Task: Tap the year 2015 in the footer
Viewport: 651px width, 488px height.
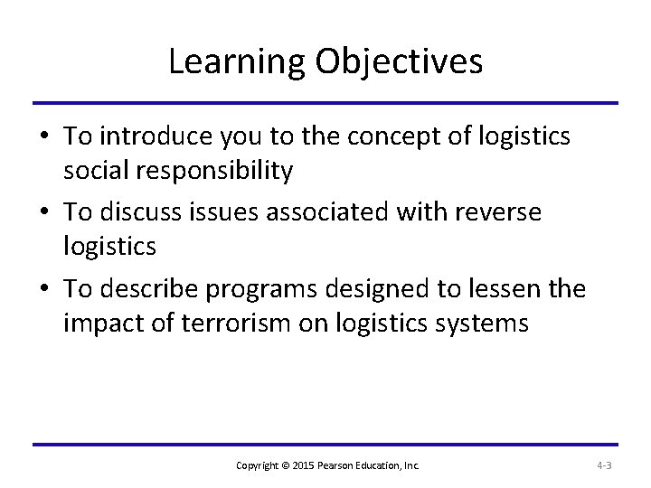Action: pyautogui.click(x=299, y=465)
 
